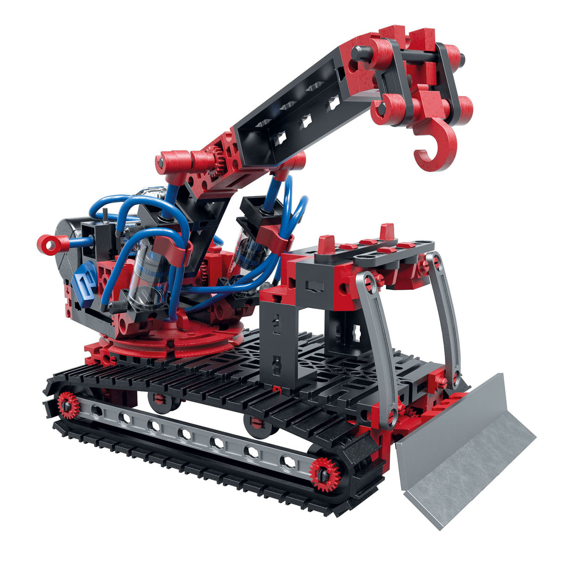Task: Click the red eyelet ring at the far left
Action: (49, 244)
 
